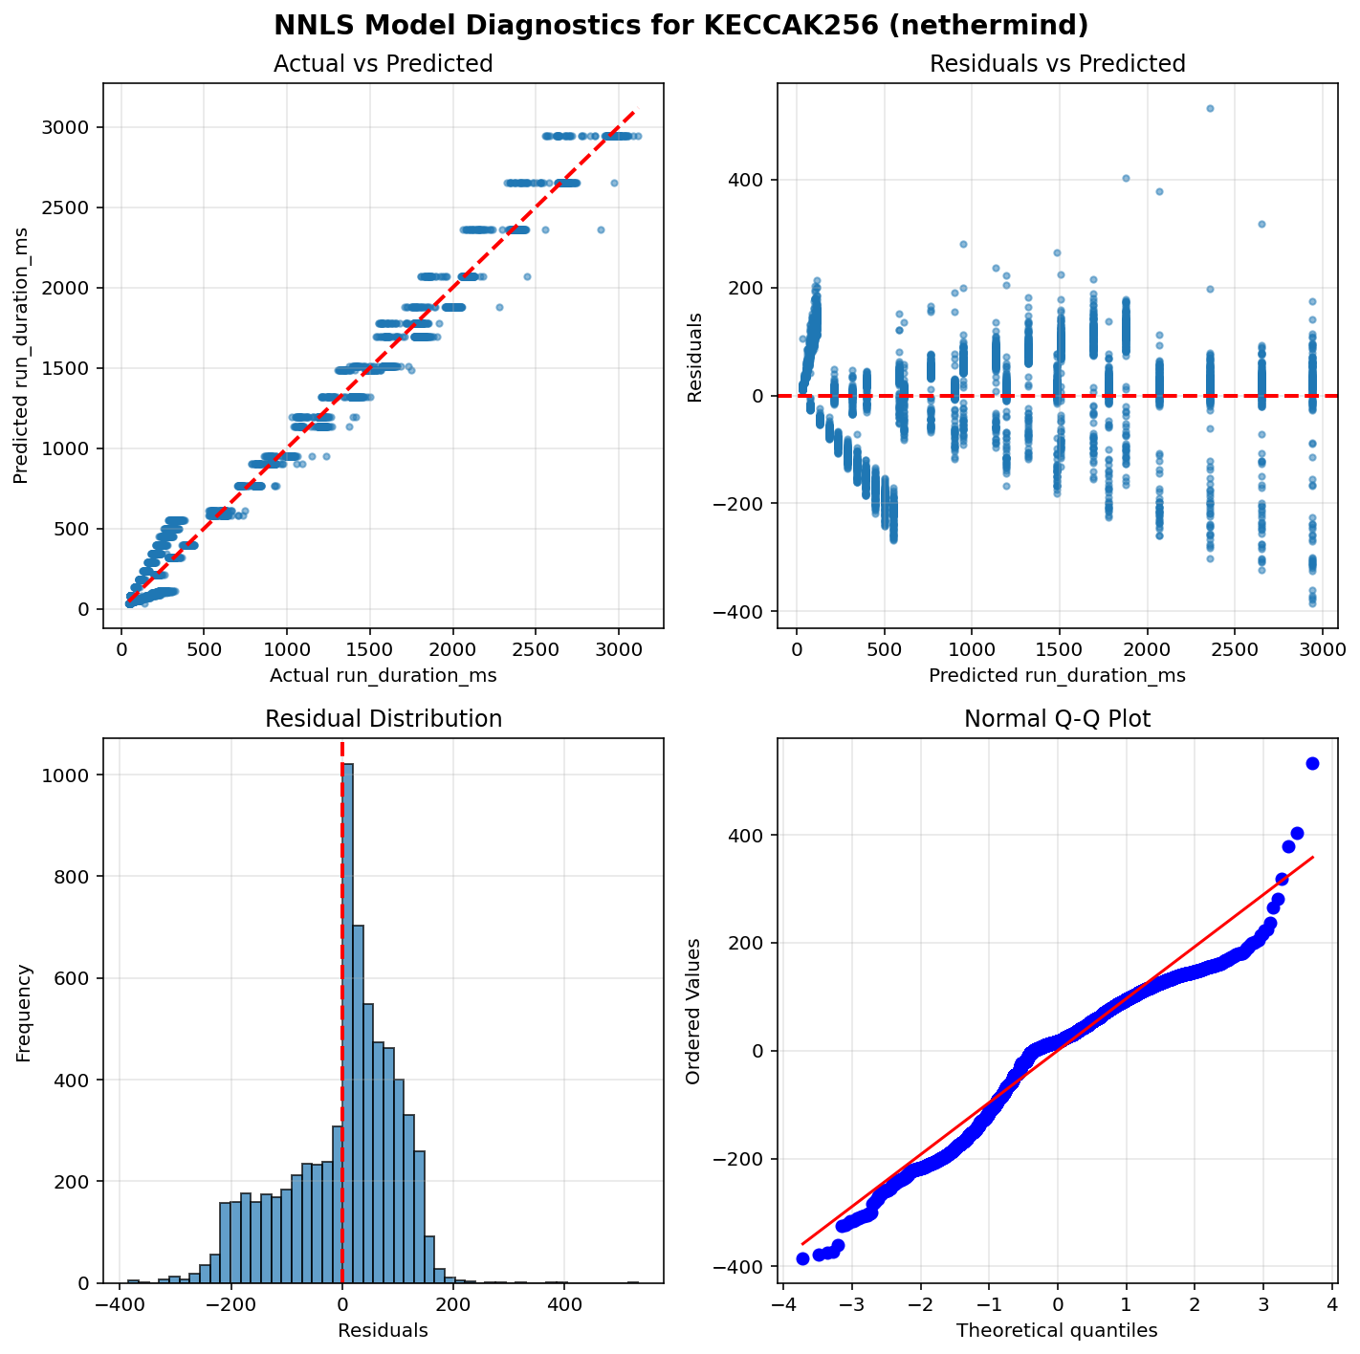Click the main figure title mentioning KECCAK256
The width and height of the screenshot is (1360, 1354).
[680, 25]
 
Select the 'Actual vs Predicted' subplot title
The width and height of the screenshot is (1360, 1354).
[383, 64]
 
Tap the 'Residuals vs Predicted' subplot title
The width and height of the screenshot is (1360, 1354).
[1057, 64]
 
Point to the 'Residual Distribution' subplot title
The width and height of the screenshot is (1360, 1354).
[383, 719]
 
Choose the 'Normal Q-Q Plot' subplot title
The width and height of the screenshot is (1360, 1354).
[1057, 719]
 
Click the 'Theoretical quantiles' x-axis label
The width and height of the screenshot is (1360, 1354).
[1057, 1330]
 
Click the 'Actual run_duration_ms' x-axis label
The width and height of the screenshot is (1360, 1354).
[383, 675]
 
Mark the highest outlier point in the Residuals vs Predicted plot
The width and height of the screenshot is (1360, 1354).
[1210, 109]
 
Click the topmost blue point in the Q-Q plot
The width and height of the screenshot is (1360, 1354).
[1312, 763]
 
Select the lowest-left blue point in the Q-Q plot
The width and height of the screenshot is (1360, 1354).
[802, 1258]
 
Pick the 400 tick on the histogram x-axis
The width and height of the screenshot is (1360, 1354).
[564, 1302]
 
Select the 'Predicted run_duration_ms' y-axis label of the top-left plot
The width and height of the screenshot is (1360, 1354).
[21, 356]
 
